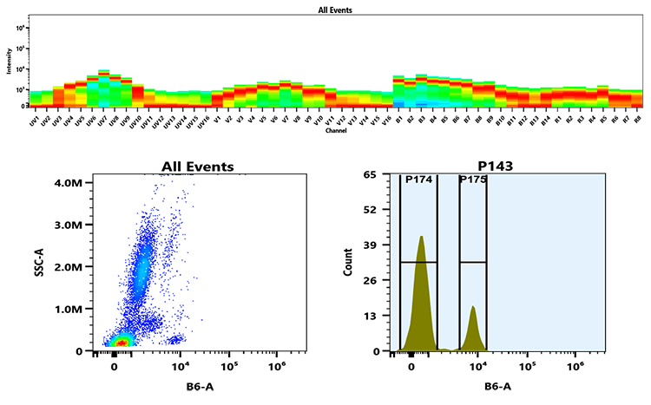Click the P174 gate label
pos(418,180)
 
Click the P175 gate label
pos(472,180)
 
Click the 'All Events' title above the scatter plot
pos(198,166)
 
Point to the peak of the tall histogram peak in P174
pos(421,237)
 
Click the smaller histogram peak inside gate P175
pos(473,307)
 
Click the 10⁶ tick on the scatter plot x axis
pos(277,365)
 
